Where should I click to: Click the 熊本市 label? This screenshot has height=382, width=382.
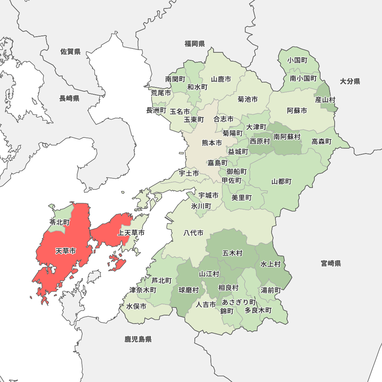click(212, 143)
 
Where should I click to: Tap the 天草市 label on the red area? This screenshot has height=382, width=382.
click(65, 251)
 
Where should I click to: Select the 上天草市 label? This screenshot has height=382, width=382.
click(131, 233)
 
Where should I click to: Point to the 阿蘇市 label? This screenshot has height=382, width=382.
click(297, 111)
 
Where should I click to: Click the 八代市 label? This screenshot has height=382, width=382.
click(193, 233)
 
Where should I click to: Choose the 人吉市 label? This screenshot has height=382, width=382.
click(206, 304)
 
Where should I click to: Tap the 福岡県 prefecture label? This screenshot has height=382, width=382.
click(194, 44)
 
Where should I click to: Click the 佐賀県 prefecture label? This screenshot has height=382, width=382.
click(70, 52)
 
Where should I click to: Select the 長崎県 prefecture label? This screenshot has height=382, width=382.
click(69, 99)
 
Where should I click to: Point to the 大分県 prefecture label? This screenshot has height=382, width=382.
click(350, 81)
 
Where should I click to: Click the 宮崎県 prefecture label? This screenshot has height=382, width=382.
click(331, 263)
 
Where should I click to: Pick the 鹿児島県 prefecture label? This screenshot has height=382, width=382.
click(138, 339)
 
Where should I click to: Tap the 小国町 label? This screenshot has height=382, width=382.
click(298, 60)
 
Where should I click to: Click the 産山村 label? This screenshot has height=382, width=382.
click(325, 100)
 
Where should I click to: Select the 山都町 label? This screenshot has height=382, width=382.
click(282, 181)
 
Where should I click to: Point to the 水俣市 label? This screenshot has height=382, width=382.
click(136, 306)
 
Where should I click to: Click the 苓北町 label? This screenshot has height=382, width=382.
click(59, 222)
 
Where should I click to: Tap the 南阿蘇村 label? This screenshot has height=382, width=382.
click(286, 137)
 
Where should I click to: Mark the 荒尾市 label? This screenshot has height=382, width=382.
click(160, 93)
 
